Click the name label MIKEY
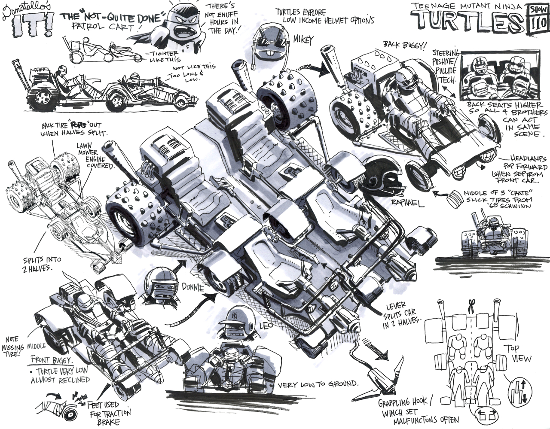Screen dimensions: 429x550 303,40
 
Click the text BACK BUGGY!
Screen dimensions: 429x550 405,44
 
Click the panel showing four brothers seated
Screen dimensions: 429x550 500,77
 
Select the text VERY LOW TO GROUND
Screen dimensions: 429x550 318,384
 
